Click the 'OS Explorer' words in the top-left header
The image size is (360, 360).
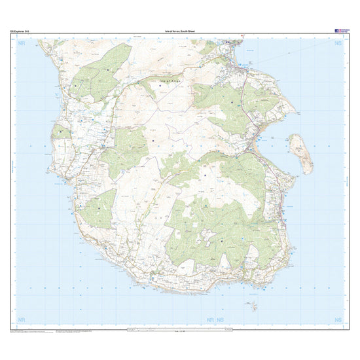pyautogui.click(x=18, y=31)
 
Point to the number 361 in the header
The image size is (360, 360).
pyautogui.click(x=27, y=31)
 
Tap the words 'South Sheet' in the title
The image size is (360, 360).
pyautogui.click(x=189, y=31)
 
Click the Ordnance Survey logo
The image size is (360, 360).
pyautogui.click(x=342, y=30)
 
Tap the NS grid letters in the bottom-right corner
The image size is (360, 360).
pyautogui.click(x=338, y=319)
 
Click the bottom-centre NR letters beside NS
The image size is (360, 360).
pyautogui.click(x=210, y=319)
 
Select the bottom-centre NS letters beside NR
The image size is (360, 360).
pyautogui.click(x=220, y=319)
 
